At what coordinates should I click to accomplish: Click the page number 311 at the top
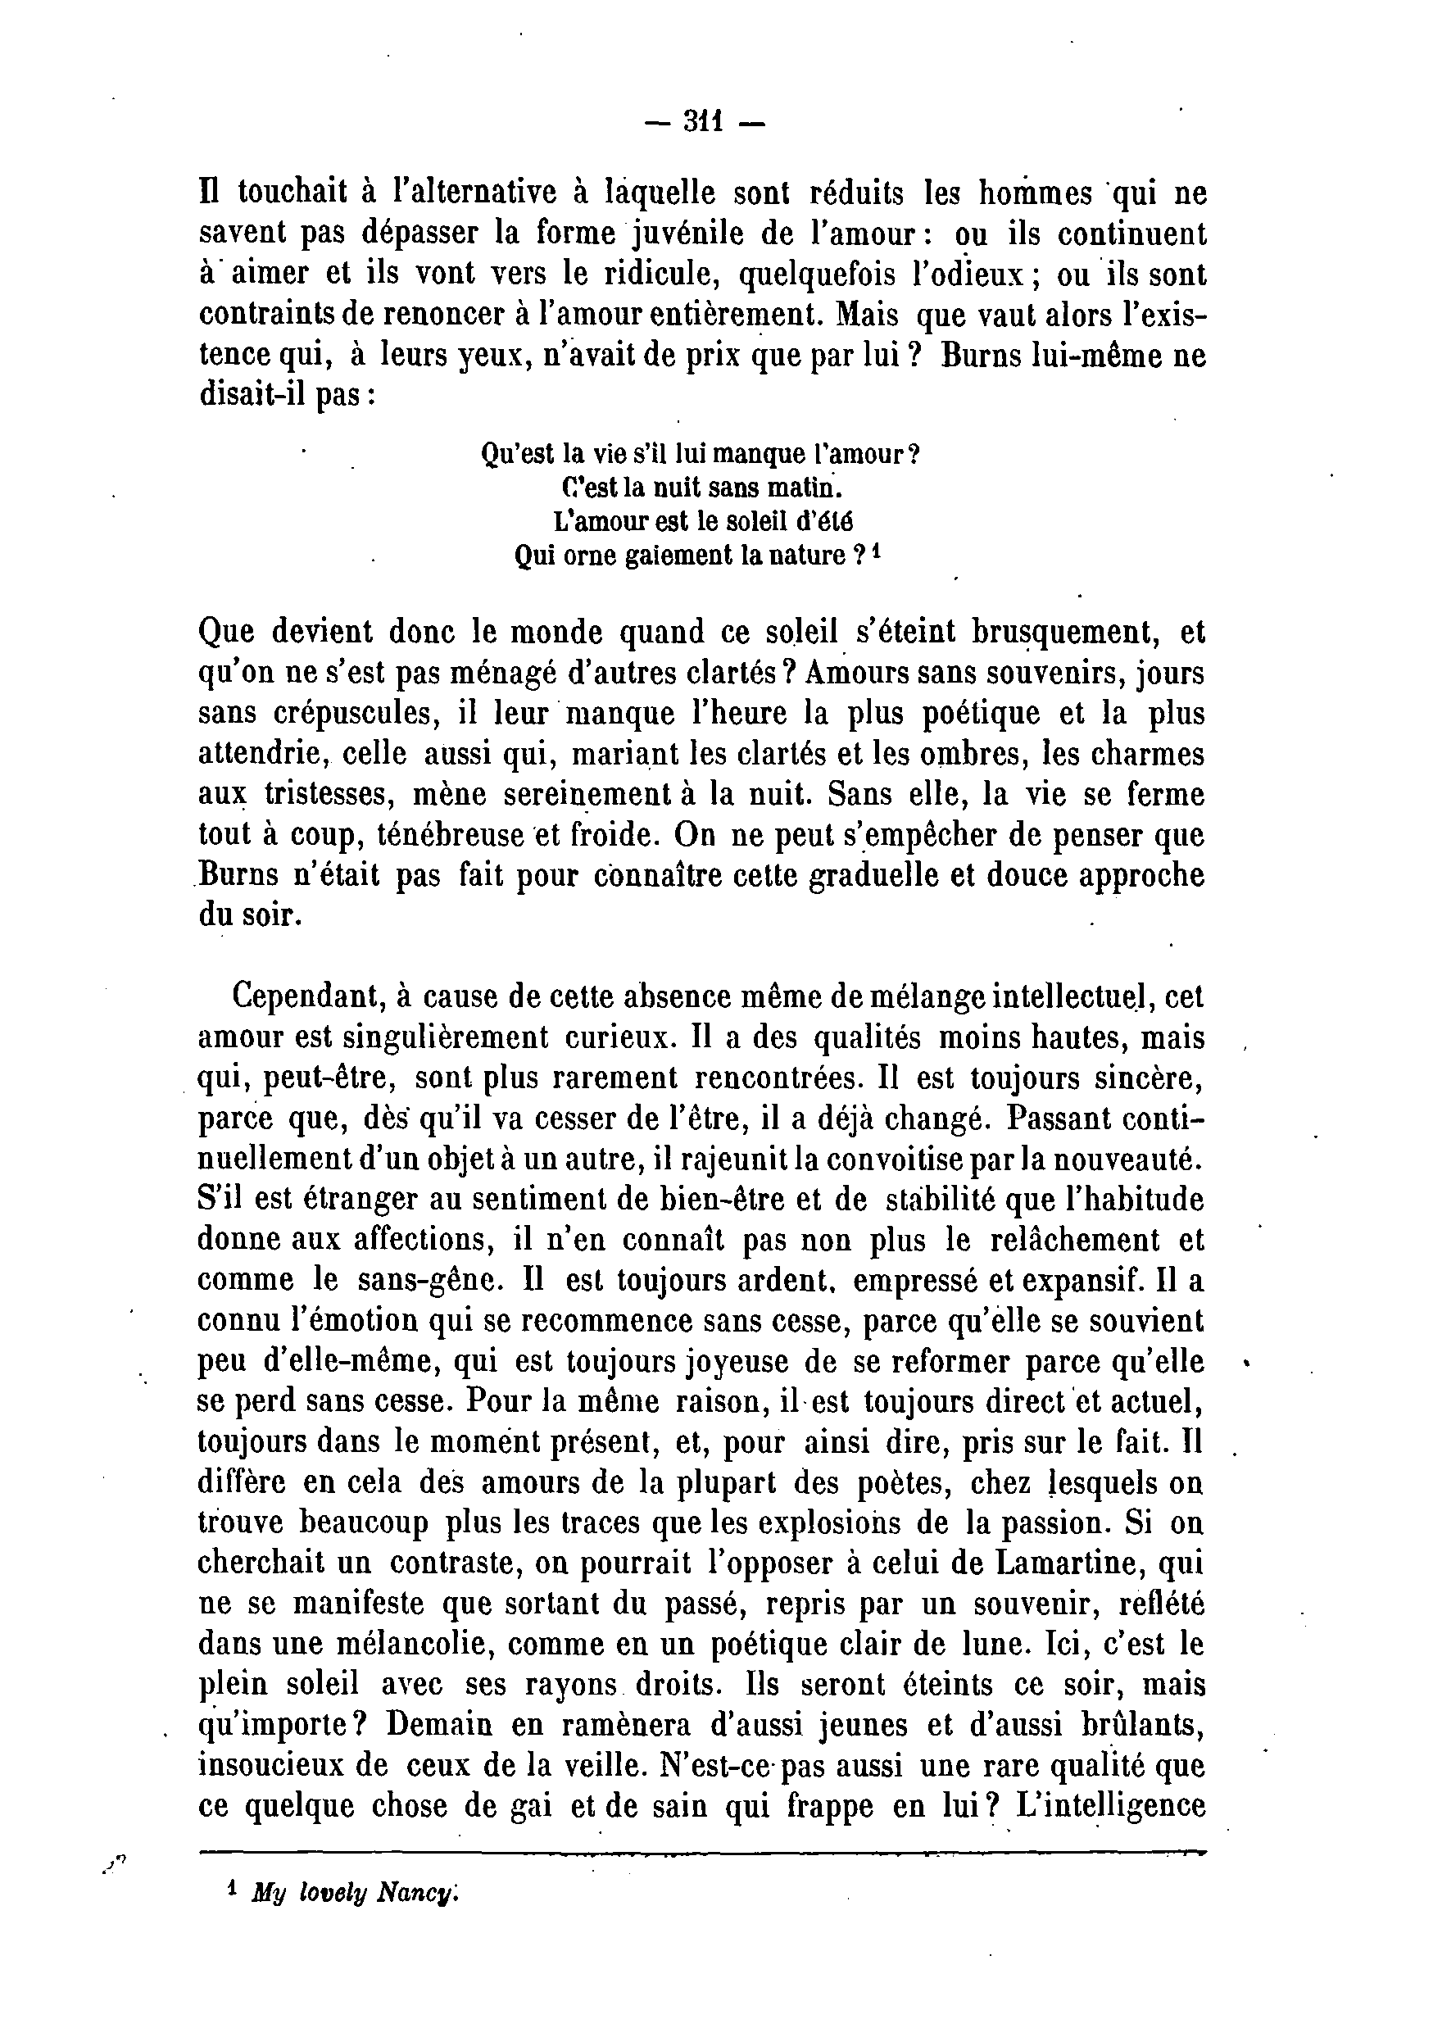coord(704,121)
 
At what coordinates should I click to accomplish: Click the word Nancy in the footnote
coord(418,1892)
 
